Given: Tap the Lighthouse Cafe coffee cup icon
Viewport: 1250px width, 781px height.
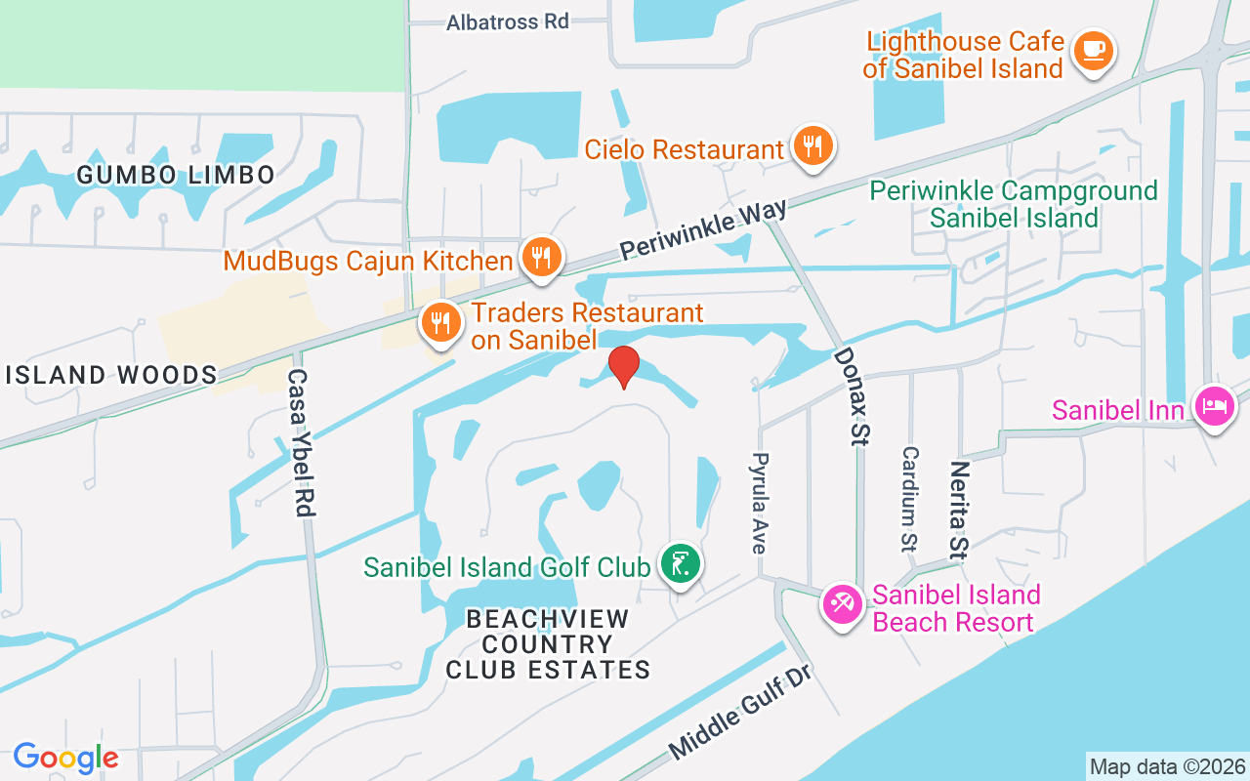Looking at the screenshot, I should click(1092, 50).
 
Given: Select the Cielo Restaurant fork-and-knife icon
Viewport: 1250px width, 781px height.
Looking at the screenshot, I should click(812, 146).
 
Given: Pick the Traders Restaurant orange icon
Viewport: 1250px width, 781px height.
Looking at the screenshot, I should click(440, 321).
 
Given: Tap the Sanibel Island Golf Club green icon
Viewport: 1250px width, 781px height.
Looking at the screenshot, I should click(680, 564).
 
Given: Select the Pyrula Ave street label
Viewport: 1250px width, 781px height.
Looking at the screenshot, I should click(759, 502).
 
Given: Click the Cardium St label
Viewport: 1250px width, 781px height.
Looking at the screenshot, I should click(909, 498).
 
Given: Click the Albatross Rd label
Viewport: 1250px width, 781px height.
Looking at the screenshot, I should click(508, 21).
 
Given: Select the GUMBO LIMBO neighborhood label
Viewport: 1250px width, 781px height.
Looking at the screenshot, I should click(176, 176).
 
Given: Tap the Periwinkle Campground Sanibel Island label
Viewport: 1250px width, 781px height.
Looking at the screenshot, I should click(1014, 204).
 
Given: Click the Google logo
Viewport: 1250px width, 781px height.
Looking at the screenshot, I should click(65, 758).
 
